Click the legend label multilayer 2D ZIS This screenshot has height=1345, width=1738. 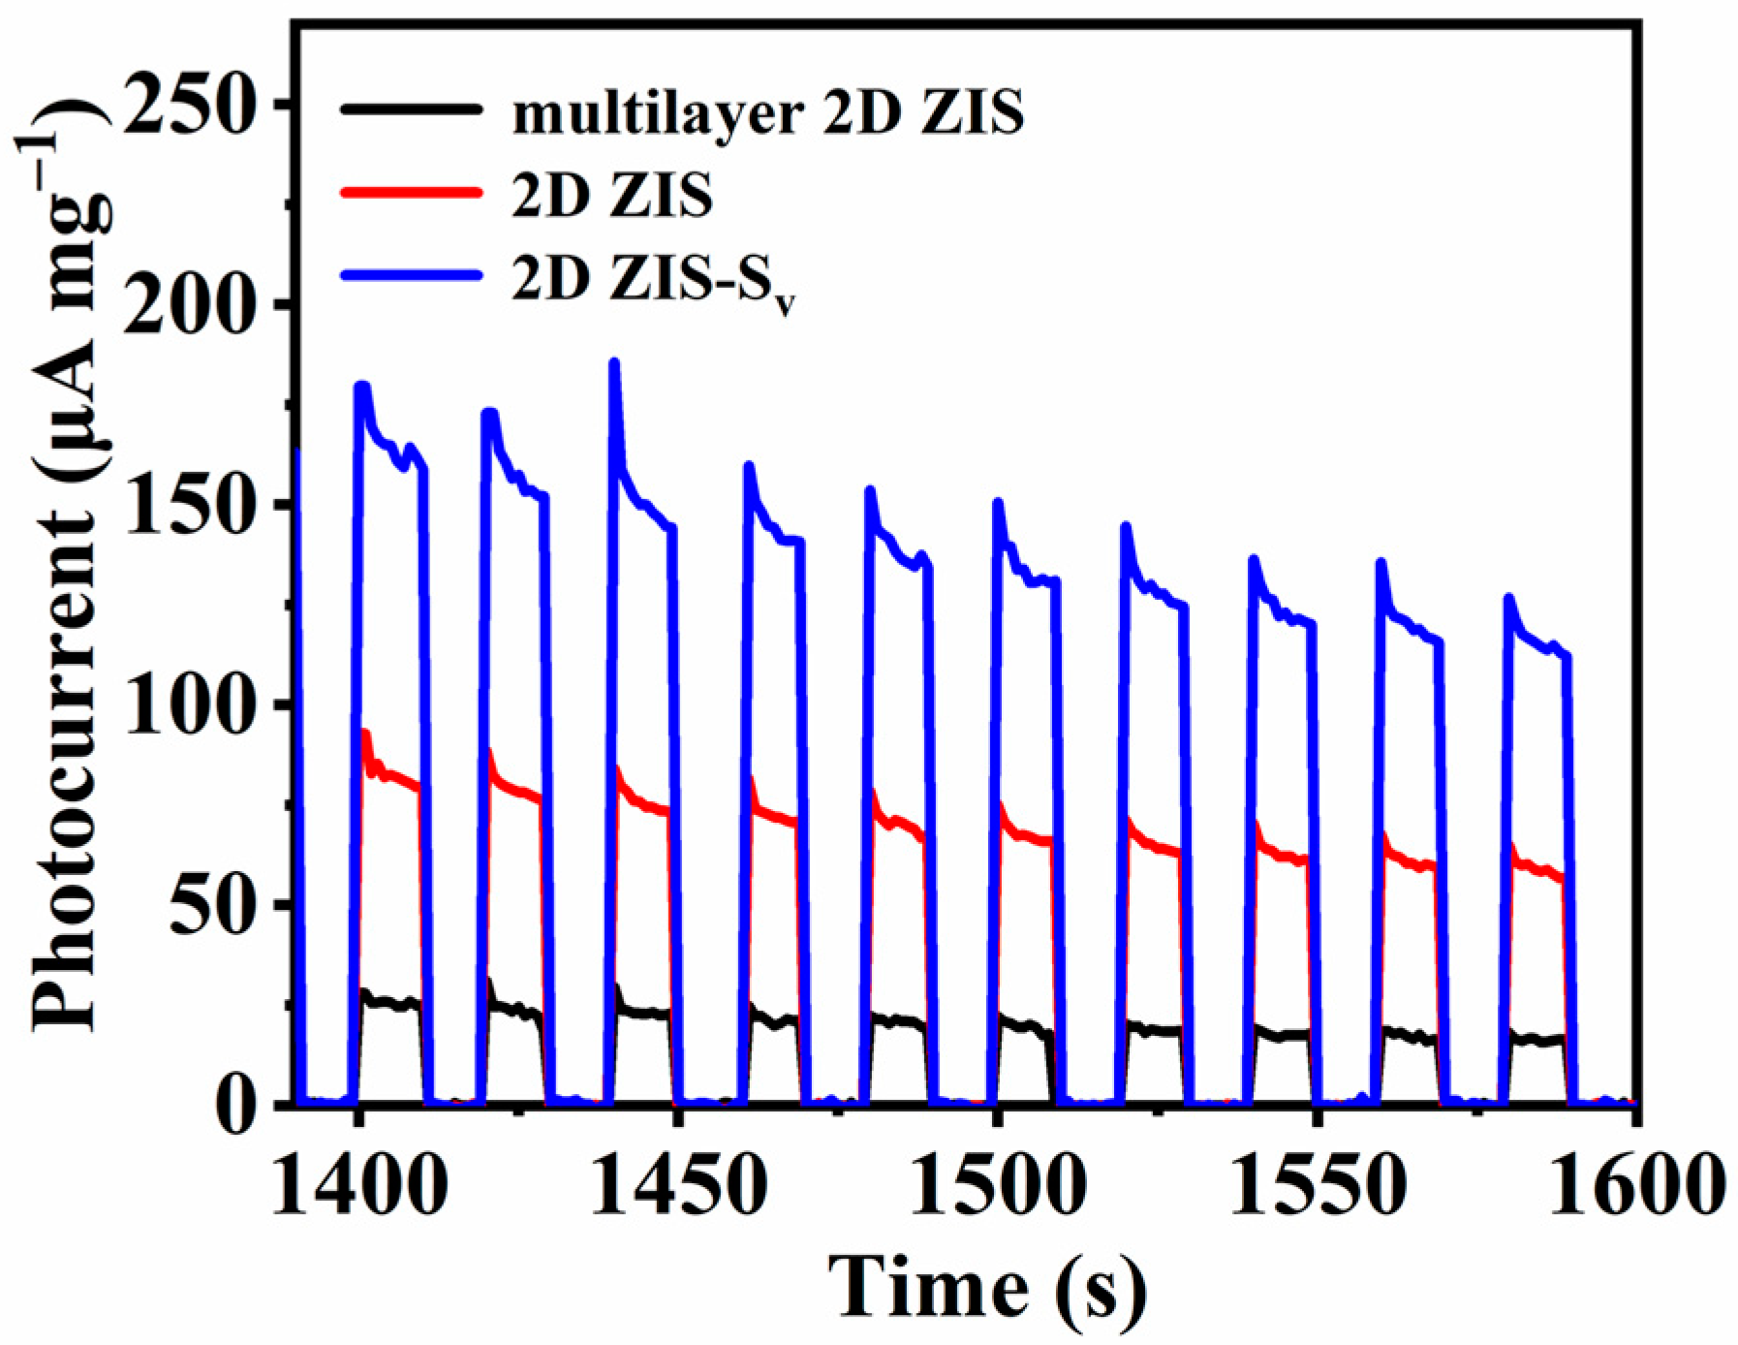pyautogui.click(x=767, y=114)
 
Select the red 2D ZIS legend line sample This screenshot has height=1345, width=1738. pyautogui.click(x=411, y=192)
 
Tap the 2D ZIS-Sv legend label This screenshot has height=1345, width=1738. pyautogui.click(x=654, y=281)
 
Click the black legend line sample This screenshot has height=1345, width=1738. pyautogui.click(x=411, y=109)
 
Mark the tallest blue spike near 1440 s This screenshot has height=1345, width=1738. pyautogui.click(x=613, y=364)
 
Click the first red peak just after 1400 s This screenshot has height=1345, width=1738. pyautogui.click(x=365, y=734)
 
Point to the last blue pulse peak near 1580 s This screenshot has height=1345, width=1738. pyautogui.click(x=1508, y=599)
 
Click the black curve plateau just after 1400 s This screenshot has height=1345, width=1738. pyautogui.click(x=388, y=1002)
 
